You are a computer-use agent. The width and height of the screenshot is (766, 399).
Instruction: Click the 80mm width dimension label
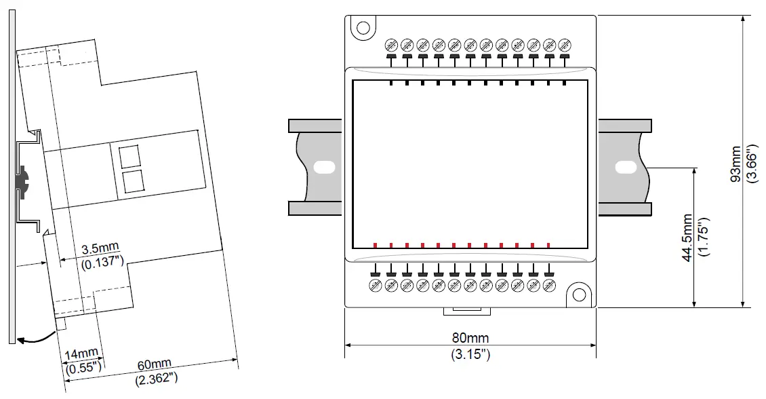(470, 337)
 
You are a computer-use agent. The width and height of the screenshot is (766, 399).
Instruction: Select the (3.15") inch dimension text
(470, 354)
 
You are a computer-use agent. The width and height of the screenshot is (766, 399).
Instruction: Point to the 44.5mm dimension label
(687, 237)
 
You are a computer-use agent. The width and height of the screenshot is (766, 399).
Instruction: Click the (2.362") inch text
(157, 378)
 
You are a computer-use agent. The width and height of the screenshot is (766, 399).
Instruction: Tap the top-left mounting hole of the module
(363, 28)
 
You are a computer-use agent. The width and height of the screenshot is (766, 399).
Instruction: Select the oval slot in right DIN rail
(624, 166)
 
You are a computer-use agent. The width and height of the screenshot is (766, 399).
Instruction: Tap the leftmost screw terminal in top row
(391, 45)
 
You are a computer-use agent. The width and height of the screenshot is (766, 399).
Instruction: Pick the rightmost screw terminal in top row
(564, 45)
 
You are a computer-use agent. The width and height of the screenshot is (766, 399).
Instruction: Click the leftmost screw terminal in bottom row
(375, 286)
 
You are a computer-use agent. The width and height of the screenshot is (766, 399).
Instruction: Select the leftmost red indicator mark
(375, 245)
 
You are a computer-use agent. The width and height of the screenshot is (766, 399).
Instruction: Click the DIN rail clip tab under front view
(467, 311)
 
